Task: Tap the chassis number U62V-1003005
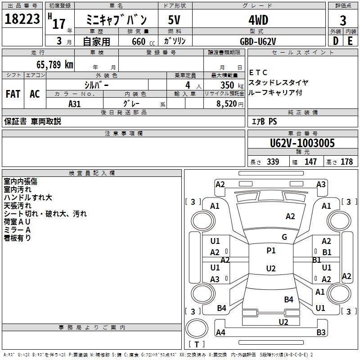coord(302,143)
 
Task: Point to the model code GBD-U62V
coord(258,41)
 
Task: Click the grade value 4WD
coord(258,20)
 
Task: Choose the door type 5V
coord(175,20)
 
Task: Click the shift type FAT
coord(13,94)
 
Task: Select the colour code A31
coord(75,103)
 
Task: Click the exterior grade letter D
coord(336,41)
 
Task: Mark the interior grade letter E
coord(350,41)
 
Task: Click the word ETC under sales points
coord(258,72)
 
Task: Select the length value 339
coord(273,162)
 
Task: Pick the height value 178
coord(346,162)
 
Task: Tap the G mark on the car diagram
coord(284,237)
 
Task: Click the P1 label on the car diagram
coord(271,251)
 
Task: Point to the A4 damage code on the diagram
coord(220,333)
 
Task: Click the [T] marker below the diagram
coord(196,345)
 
